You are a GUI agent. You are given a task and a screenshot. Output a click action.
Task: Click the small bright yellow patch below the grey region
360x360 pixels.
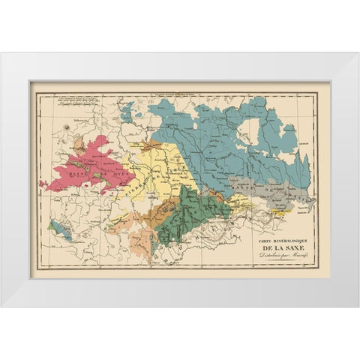coord(282,212)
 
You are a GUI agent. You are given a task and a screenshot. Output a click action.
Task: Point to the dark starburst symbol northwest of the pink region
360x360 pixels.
coord(70,132)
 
